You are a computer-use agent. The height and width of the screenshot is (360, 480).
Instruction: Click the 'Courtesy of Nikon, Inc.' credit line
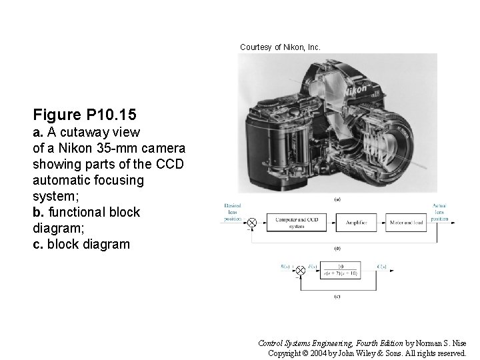[280, 47]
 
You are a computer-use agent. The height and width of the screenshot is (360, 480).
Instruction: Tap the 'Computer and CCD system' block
[297, 223]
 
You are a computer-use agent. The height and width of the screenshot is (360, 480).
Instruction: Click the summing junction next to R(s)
[300, 269]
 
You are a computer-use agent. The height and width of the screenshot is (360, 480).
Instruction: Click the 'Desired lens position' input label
[233, 212]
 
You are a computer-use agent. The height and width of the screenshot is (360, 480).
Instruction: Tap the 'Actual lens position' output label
[439, 212]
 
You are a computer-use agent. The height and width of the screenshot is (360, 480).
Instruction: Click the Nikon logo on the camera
[357, 88]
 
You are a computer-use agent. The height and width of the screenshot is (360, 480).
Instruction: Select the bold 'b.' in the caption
[39, 213]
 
